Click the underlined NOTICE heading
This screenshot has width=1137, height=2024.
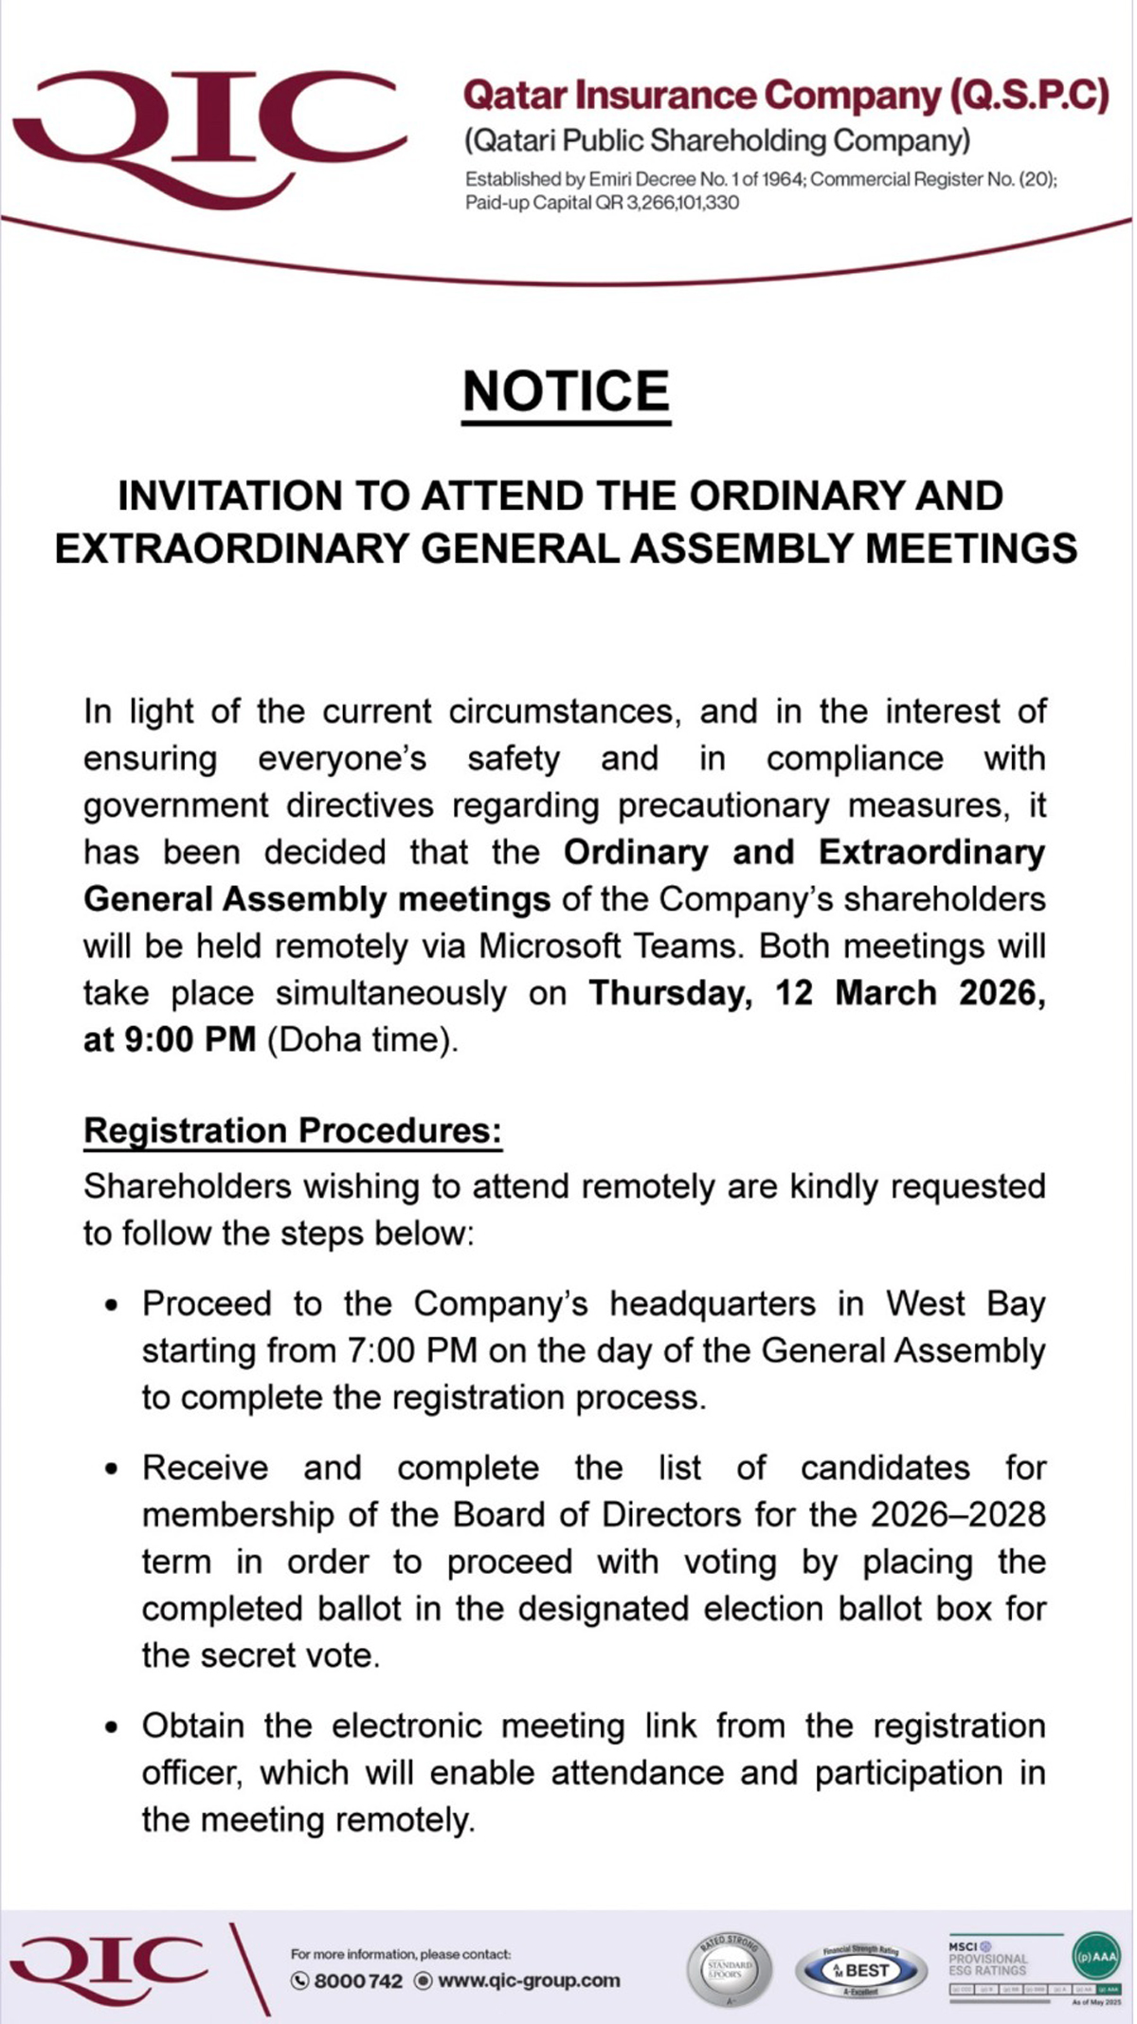point(567,391)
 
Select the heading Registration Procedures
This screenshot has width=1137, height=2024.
point(293,1130)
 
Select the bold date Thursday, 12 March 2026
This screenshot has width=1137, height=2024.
point(817,993)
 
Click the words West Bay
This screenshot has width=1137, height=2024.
point(966,1304)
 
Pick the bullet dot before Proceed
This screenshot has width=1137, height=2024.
point(113,1306)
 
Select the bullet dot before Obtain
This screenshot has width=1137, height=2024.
point(113,1727)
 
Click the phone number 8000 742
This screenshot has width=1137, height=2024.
point(357,1981)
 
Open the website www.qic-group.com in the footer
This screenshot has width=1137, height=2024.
point(529,1980)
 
